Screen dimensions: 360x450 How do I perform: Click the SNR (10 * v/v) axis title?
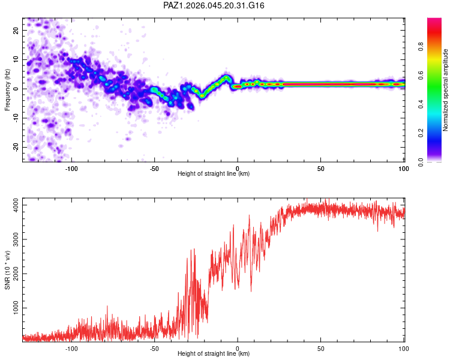click(7, 271)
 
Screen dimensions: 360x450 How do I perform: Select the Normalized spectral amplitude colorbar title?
click(445, 90)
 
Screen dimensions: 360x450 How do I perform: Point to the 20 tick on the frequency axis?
click(16, 30)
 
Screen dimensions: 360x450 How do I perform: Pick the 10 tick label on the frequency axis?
click(16, 59)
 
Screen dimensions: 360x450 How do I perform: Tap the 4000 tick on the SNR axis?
click(13, 205)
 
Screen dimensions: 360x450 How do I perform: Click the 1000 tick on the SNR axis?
click(13, 308)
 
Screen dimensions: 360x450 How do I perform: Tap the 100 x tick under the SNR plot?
click(404, 348)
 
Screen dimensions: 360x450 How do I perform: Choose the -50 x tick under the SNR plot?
click(155, 348)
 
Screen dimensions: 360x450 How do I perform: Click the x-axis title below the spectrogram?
click(214, 174)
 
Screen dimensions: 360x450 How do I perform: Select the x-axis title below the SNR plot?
click(214, 354)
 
